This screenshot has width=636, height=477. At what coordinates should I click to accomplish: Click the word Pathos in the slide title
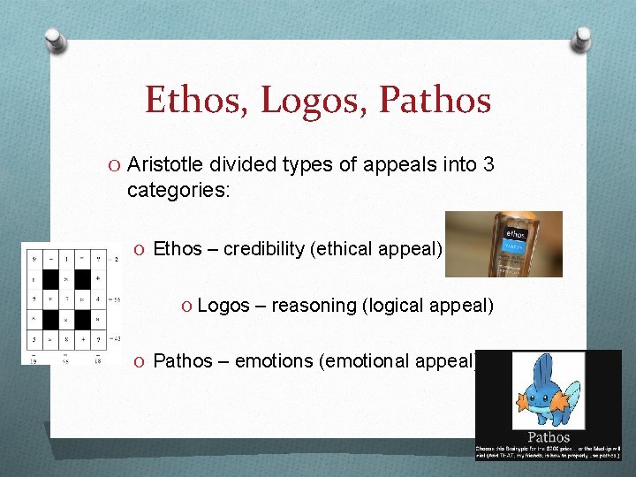(435, 100)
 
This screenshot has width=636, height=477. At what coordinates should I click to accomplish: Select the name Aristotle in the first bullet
(167, 165)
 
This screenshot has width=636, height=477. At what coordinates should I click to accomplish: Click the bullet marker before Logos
(187, 306)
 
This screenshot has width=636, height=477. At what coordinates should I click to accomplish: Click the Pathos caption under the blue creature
(549, 436)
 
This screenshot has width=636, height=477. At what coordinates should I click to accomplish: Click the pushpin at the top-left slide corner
(55, 39)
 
